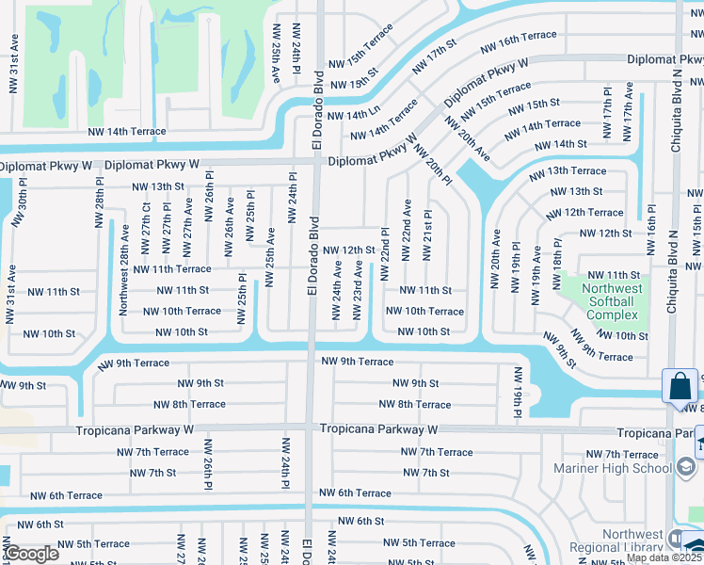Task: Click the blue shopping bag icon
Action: coord(680,386)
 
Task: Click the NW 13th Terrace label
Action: coord(568,171)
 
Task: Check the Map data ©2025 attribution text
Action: coord(664,557)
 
